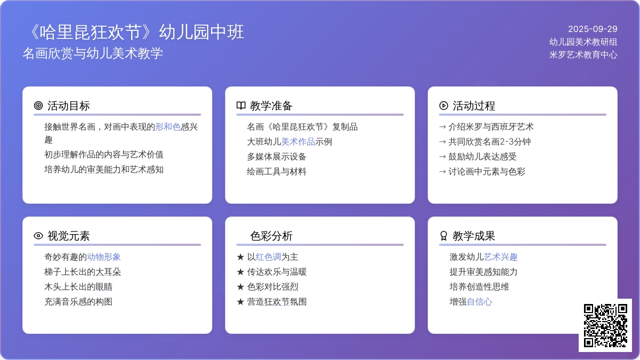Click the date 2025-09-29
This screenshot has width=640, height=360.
point(593,29)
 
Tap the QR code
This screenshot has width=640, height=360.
point(605,325)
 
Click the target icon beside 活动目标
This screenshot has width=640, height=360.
point(38,106)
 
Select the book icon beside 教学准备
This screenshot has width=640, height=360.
point(241,106)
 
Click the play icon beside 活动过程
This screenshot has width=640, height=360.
point(443,106)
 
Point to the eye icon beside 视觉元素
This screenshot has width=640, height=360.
point(38,236)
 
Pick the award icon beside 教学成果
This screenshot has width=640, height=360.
point(443,236)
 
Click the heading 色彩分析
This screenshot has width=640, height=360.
point(271,236)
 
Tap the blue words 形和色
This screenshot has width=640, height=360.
point(168,127)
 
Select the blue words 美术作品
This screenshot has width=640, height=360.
point(298,142)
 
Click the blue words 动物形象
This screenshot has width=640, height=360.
point(103,257)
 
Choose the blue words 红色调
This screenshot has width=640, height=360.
point(268,257)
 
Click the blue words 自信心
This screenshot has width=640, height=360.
point(479,302)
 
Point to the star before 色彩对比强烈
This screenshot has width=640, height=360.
point(241,287)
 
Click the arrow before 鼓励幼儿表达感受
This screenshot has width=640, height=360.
point(442,157)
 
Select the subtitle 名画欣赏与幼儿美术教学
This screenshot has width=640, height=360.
point(93,53)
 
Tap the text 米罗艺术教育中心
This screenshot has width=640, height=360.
point(583,54)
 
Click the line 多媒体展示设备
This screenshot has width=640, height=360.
point(277,157)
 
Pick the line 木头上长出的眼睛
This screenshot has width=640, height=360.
point(78,287)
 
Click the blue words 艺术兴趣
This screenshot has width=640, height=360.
point(501,257)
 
